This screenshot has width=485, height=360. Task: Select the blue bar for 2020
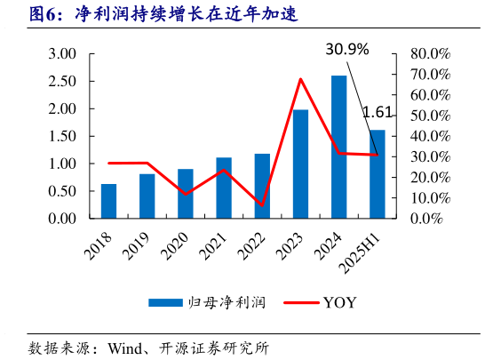[185, 194]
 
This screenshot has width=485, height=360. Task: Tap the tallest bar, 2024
[338, 147]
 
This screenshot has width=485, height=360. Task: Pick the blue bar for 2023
[300, 164]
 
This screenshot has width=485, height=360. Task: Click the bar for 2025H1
[378, 174]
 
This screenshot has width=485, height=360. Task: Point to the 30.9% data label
[346, 50]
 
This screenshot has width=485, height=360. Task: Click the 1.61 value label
[378, 112]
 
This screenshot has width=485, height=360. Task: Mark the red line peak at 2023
[300, 79]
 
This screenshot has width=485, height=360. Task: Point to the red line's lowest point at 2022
[262, 205]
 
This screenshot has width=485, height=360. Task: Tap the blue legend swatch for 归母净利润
[164, 302]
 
